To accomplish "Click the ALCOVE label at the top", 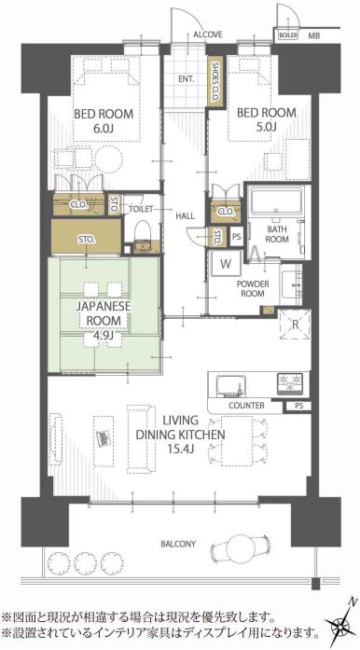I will (x=208, y=35).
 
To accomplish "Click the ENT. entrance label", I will (x=186, y=79).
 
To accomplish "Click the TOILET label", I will (x=140, y=209).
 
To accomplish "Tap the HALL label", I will (x=185, y=215).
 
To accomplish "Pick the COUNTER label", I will (x=245, y=407).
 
